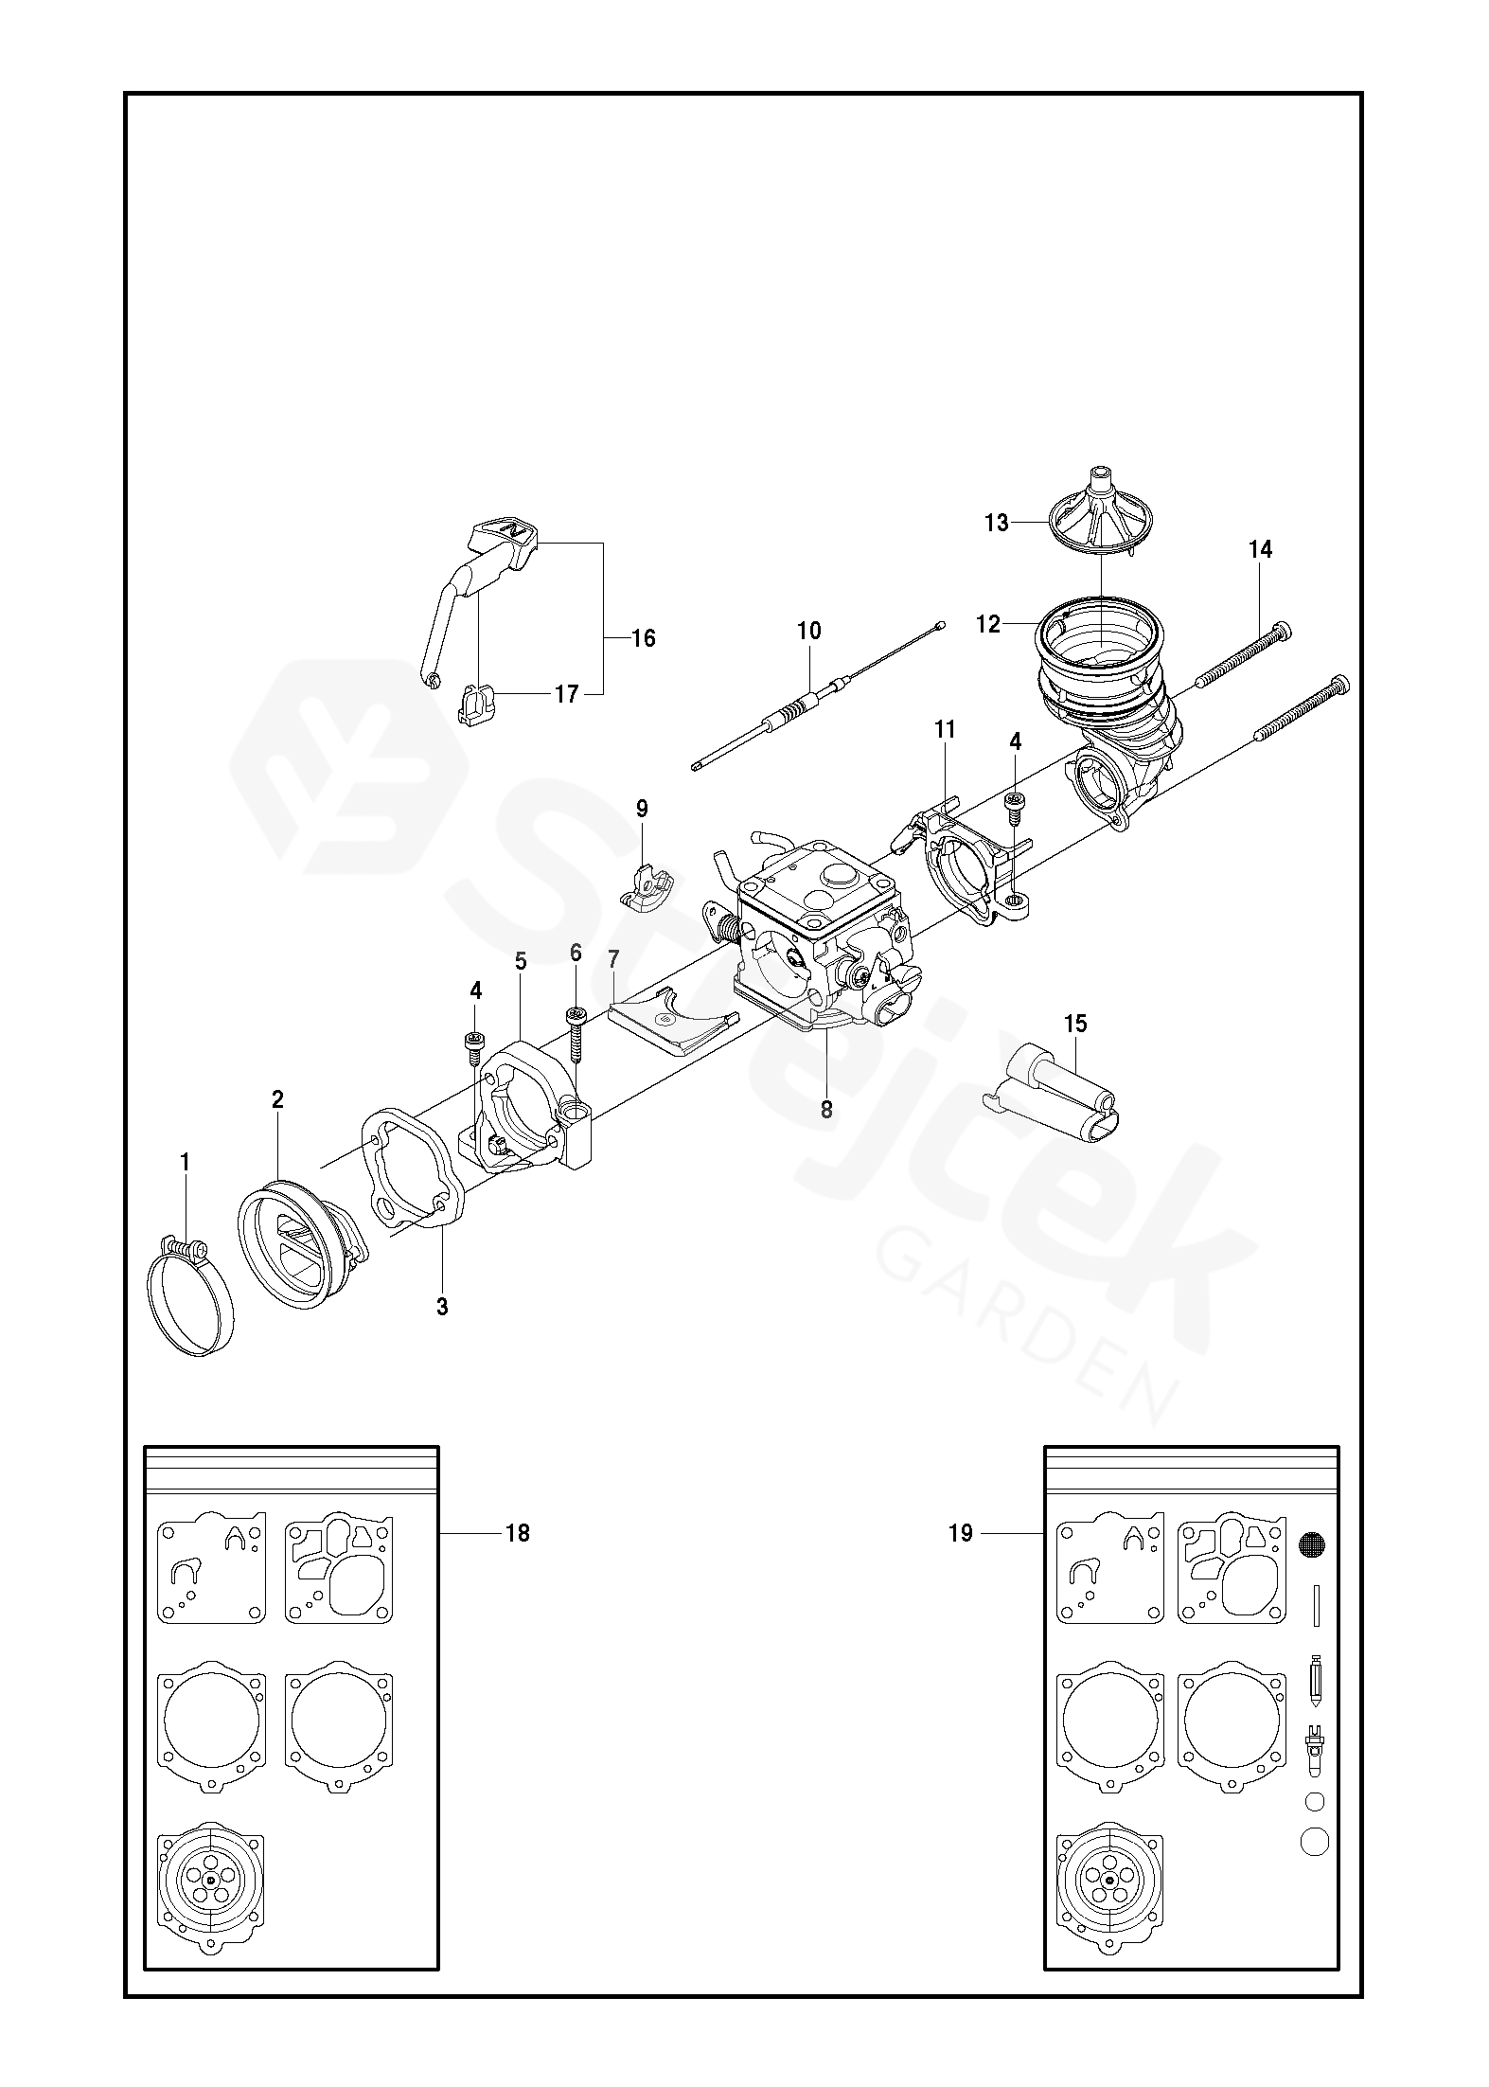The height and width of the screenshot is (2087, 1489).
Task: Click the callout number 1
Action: (x=185, y=1161)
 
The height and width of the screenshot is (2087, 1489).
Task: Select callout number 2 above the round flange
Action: (x=277, y=1099)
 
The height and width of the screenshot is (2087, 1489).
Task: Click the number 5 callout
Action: (x=521, y=961)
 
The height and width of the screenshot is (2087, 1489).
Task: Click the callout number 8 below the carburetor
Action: (x=826, y=1110)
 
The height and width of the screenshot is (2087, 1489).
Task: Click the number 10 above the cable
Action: (x=809, y=631)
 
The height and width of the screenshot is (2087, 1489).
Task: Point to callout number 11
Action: (x=945, y=729)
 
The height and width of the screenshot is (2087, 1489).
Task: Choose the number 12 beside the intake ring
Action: (x=988, y=624)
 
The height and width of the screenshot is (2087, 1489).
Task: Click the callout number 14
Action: (x=1261, y=549)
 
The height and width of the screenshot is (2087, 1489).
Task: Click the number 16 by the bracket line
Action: (x=643, y=638)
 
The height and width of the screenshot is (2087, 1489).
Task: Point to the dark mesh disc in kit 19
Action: (x=1312, y=1544)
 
